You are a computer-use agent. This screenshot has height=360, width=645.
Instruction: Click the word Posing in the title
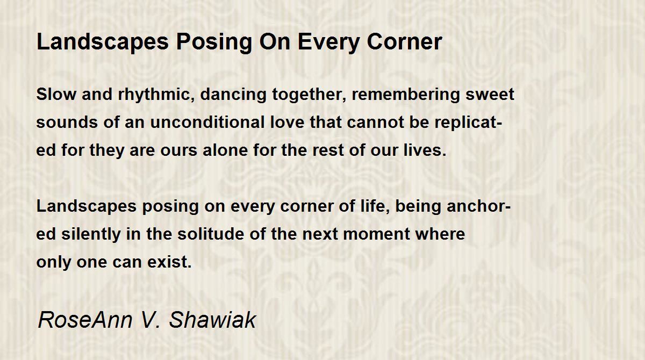[x=214, y=42]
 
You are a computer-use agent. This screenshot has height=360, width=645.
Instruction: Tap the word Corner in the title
[x=405, y=42]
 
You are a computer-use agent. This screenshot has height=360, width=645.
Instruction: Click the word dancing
[x=233, y=95]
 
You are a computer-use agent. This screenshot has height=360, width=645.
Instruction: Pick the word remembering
[x=405, y=95]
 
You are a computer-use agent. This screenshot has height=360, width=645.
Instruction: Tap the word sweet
[x=490, y=95]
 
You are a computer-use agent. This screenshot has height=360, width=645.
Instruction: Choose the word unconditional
[x=207, y=122]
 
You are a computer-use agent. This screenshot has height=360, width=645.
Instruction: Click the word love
[x=288, y=122]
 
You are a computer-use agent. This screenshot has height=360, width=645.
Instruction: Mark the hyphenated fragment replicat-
[x=468, y=123]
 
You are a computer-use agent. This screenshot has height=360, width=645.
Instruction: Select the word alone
[x=225, y=150]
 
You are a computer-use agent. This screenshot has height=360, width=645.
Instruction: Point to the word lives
[x=425, y=150]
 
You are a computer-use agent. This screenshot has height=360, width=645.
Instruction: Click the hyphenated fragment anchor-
[x=478, y=206]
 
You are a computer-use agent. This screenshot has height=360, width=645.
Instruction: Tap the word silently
[x=91, y=234]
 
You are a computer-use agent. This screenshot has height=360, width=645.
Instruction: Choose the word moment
[x=376, y=234]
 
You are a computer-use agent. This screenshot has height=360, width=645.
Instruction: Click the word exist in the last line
[x=169, y=262]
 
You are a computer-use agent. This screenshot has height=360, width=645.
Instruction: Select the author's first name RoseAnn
[x=85, y=320]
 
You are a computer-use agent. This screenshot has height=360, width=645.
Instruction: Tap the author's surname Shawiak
[x=212, y=320]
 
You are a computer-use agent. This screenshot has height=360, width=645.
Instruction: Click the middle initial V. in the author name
[x=150, y=320]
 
